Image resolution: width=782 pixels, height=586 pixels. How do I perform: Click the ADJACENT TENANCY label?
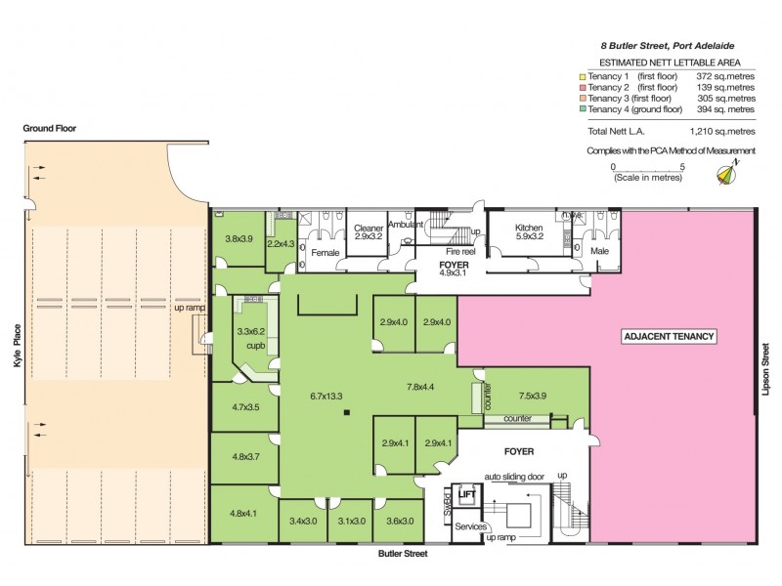pyautogui.click(x=671, y=337)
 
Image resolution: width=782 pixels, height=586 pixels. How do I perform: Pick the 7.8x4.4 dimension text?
pyautogui.click(x=426, y=387)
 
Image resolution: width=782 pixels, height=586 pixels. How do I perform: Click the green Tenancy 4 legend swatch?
pyautogui.click(x=582, y=109)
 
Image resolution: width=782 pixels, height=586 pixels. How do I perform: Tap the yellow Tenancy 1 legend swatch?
pyautogui.click(x=582, y=76)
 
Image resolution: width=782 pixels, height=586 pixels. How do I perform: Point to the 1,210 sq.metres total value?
pyautogui.click(x=723, y=130)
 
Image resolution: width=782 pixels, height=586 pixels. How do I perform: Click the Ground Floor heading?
pyautogui.click(x=52, y=128)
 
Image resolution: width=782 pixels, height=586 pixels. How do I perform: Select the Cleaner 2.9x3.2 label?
pyautogui.click(x=368, y=231)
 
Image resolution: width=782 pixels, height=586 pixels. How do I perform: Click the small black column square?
pyautogui.click(x=345, y=415)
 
